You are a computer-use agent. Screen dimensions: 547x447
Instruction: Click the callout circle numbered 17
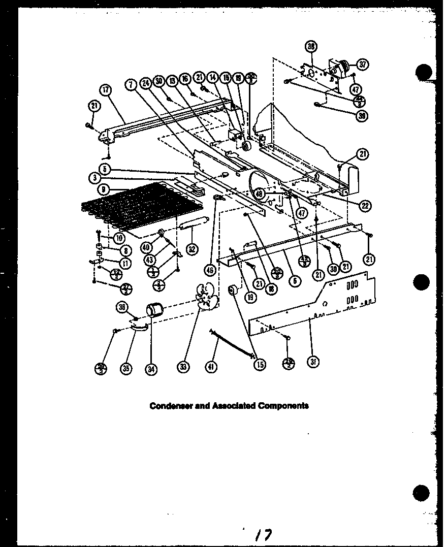point(105,91)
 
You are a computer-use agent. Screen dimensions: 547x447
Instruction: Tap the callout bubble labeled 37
point(363,65)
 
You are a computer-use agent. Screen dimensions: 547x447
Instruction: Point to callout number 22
point(364,205)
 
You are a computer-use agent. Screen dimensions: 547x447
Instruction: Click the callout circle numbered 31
point(313,362)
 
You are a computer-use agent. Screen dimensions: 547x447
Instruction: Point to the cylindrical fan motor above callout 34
point(153,308)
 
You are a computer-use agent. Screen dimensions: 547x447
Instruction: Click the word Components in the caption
point(284,406)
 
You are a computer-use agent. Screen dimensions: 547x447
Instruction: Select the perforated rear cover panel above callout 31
point(315,305)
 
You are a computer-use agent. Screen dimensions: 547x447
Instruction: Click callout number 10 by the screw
point(119,238)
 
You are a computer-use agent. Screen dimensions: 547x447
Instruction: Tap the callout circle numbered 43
point(149,260)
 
